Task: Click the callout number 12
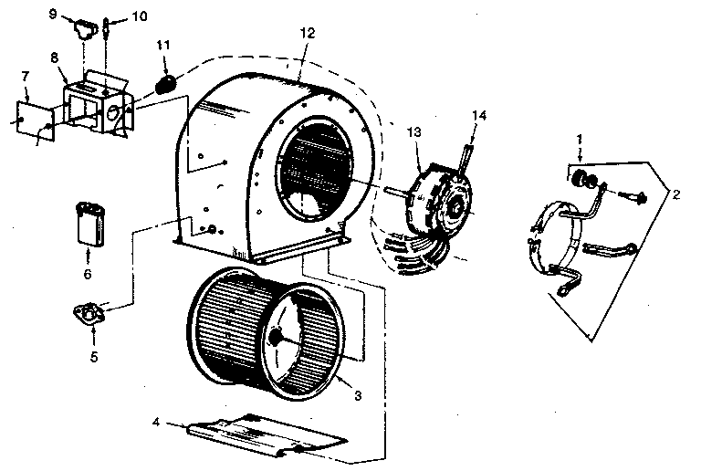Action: coord(307,33)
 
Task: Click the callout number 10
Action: coord(138,16)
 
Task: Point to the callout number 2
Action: coord(676,194)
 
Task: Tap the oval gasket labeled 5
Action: coord(88,316)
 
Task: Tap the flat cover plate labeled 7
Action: coord(37,120)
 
